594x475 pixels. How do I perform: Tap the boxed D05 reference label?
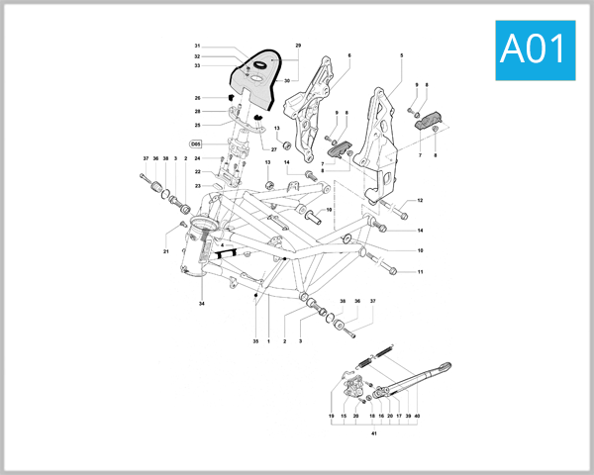[197, 143]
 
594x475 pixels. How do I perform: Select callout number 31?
[197, 47]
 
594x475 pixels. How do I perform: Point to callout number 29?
[298, 47]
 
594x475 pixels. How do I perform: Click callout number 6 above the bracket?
[349, 55]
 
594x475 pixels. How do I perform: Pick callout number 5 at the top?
[401, 55]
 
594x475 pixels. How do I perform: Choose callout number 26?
[197, 98]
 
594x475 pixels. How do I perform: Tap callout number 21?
[166, 252]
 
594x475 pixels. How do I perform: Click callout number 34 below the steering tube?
[201, 303]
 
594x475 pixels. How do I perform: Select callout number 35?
[254, 341]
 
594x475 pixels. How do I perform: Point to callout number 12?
[420, 201]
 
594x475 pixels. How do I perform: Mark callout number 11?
[420, 272]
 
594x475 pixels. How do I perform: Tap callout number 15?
[344, 417]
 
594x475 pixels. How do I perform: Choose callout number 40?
[418, 417]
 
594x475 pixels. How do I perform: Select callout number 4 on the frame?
[224, 244]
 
